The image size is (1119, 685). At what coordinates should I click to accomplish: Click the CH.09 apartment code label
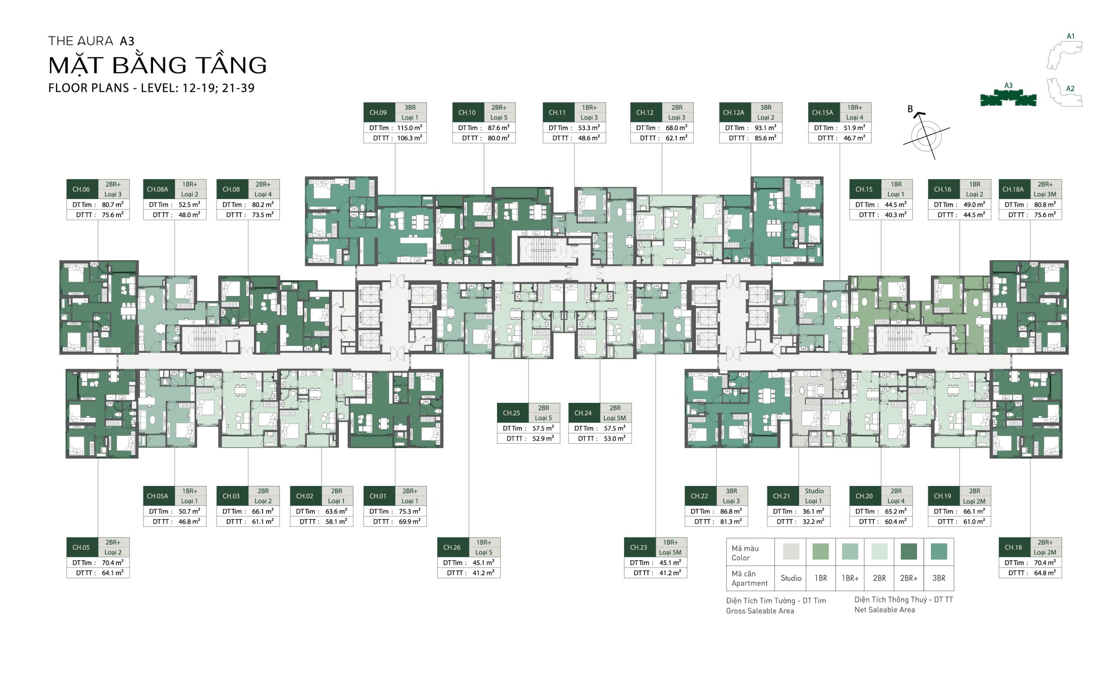click(x=378, y=112)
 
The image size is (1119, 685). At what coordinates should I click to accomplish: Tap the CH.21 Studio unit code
click(x=782, y=496)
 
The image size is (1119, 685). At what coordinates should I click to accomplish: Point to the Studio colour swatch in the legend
click(x=791, y=551)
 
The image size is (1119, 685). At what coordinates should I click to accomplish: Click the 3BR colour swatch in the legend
click(x=939, y=551)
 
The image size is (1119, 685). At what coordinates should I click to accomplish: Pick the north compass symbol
click(x=925, y=136)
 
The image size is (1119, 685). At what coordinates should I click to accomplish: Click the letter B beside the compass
click(x=910, y=109)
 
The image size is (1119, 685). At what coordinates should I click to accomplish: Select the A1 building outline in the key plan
click(x=1063, y=55)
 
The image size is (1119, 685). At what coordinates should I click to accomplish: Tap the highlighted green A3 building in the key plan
click(x=1008, y=98)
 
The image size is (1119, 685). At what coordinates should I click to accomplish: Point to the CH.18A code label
click(x=1013, y=189)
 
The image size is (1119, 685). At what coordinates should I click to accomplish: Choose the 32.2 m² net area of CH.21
click(x=813, y=521)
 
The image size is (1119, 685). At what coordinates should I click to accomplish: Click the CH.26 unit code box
click(x=452, y=547)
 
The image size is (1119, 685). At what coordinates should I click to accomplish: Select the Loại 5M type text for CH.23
click(x=671, y=552)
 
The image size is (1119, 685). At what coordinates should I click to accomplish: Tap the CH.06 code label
click(x=81, y=189)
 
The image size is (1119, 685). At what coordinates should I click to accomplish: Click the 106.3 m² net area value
click(x=410, y=138)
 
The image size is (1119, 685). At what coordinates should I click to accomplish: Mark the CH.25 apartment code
click(x=511, y=413)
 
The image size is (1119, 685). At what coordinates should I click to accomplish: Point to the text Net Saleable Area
click(x=885, y=610)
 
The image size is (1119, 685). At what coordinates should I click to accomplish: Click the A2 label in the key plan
click(x=1070, y=89)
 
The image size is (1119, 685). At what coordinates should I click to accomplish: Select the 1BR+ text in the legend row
click(x=850, y=578)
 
